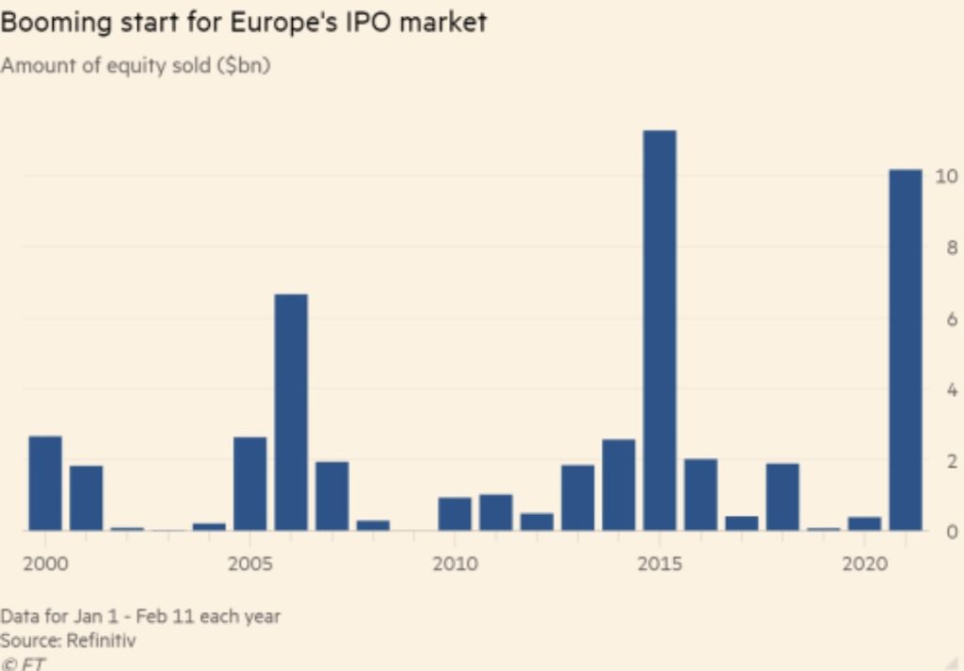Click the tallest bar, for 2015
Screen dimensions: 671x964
point(659,329)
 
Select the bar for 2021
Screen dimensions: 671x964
point(905,349)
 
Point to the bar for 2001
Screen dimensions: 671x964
point(87,498)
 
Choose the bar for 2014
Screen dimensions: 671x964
point(619,485)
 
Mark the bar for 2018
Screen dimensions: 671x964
point(782,497)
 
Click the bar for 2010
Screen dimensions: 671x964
point(455,514)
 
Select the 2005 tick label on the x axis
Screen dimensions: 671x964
point(249,565)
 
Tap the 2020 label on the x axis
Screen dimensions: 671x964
point(864,565)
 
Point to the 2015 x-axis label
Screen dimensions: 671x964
point(659,565)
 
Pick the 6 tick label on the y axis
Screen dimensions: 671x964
point(952,319)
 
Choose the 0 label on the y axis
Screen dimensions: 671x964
point(952,532)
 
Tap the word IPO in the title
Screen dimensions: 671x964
point(364,22)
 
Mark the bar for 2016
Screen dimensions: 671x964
point(700,494)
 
